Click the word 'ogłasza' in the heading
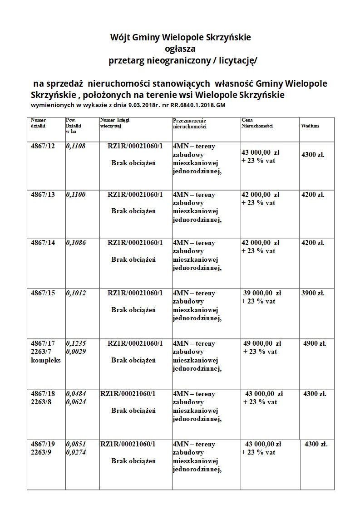pos(181,48)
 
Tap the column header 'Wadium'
pos(310,126)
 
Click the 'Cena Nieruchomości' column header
pos(257,123)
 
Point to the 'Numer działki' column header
pos(39,123)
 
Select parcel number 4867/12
pos(43,146)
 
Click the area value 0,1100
pos(76,195)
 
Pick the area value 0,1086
pos(76,243)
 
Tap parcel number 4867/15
pos(43,293)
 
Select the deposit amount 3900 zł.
pos(313,293)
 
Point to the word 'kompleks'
pos(46,360)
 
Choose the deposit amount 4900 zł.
pos(315,343)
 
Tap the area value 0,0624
pos(76,402)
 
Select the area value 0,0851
pos(76,444)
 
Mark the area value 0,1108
pos(76,146)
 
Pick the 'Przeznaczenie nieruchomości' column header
pos(190,123)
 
